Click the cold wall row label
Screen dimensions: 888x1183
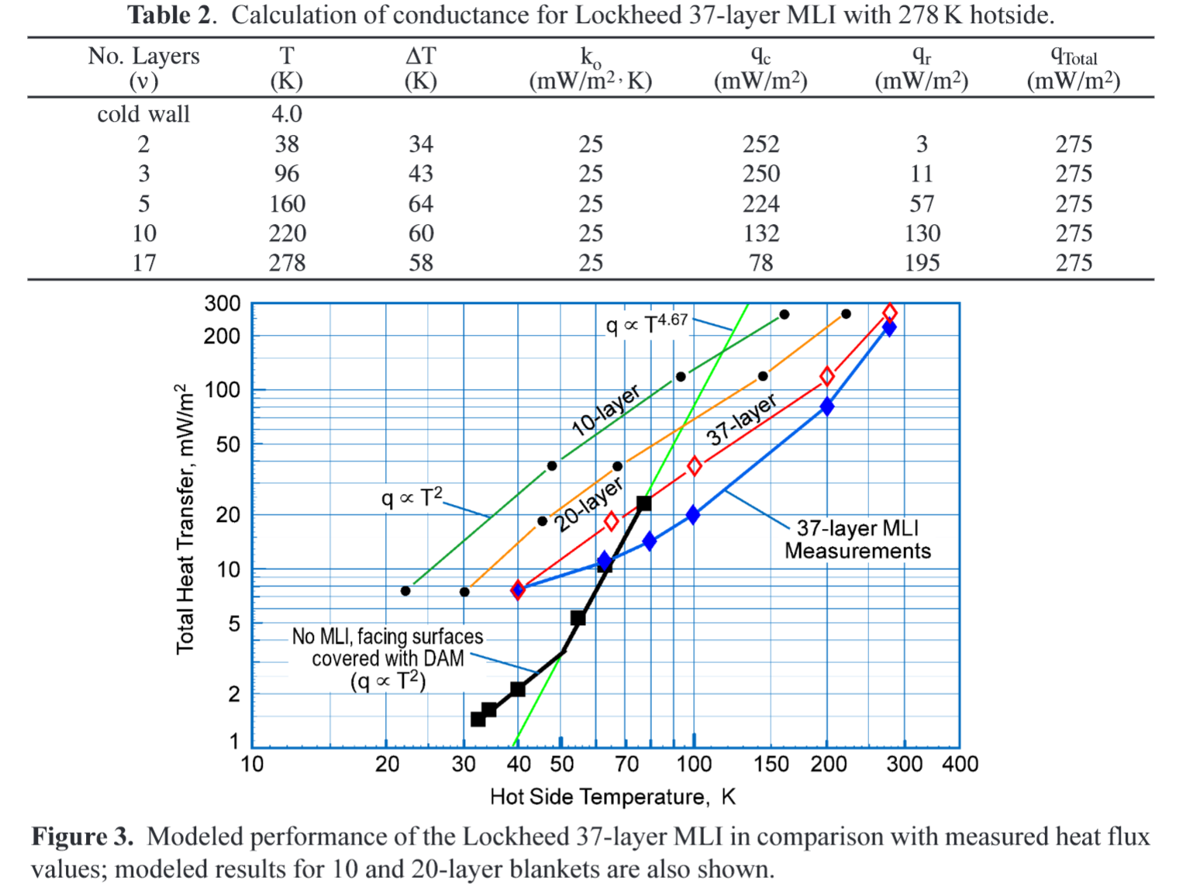point(143,114)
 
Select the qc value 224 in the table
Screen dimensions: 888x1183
point(760,204)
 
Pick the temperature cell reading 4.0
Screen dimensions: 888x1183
point(286,114)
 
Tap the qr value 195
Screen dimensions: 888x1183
point(922,263)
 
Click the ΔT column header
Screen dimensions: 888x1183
point(421,67)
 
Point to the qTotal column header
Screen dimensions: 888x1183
point(1074,67)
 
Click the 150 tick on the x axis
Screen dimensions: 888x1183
point(771,765)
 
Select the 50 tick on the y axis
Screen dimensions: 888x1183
point(228,444)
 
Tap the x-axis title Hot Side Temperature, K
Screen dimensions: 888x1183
point(612,797)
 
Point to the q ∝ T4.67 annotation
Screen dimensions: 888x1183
point(647,323)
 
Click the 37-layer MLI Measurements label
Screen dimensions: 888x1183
point(857,540)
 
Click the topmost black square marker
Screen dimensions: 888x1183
point(643,503)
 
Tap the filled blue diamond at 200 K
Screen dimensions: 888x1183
point(827,406)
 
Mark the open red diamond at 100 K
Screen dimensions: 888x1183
point(695,466)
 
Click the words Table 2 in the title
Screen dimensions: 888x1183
point(170,15)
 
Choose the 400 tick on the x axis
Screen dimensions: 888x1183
point(960,765)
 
